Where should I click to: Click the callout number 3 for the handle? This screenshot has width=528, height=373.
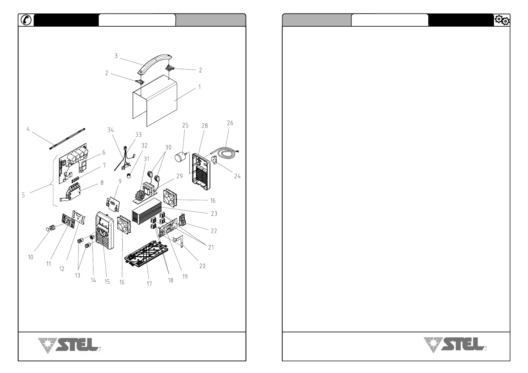[116, 56]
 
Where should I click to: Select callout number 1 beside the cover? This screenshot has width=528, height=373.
[199, 87]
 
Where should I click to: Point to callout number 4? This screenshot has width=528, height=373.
[28, 129]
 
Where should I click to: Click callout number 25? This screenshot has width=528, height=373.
[185, 126]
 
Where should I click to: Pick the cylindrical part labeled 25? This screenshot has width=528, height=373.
[180, 157]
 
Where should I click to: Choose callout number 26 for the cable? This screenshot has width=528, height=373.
[230, 123]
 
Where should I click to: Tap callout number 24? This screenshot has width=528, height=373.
[237, 176]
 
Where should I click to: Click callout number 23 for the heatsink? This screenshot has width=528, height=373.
[214, 214]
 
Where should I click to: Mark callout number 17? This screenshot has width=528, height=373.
[149, 284]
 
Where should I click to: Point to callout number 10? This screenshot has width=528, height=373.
[30, 257]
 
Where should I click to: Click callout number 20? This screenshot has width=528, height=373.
[203, 266]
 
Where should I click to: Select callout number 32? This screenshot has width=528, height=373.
[144, 146]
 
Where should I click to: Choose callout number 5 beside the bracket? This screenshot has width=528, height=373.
[23, 195]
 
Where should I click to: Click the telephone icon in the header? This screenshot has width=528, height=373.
[26, 20]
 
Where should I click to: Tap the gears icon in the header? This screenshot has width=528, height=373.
[502, 20]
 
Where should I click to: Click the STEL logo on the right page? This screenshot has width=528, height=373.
[455, 345]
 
